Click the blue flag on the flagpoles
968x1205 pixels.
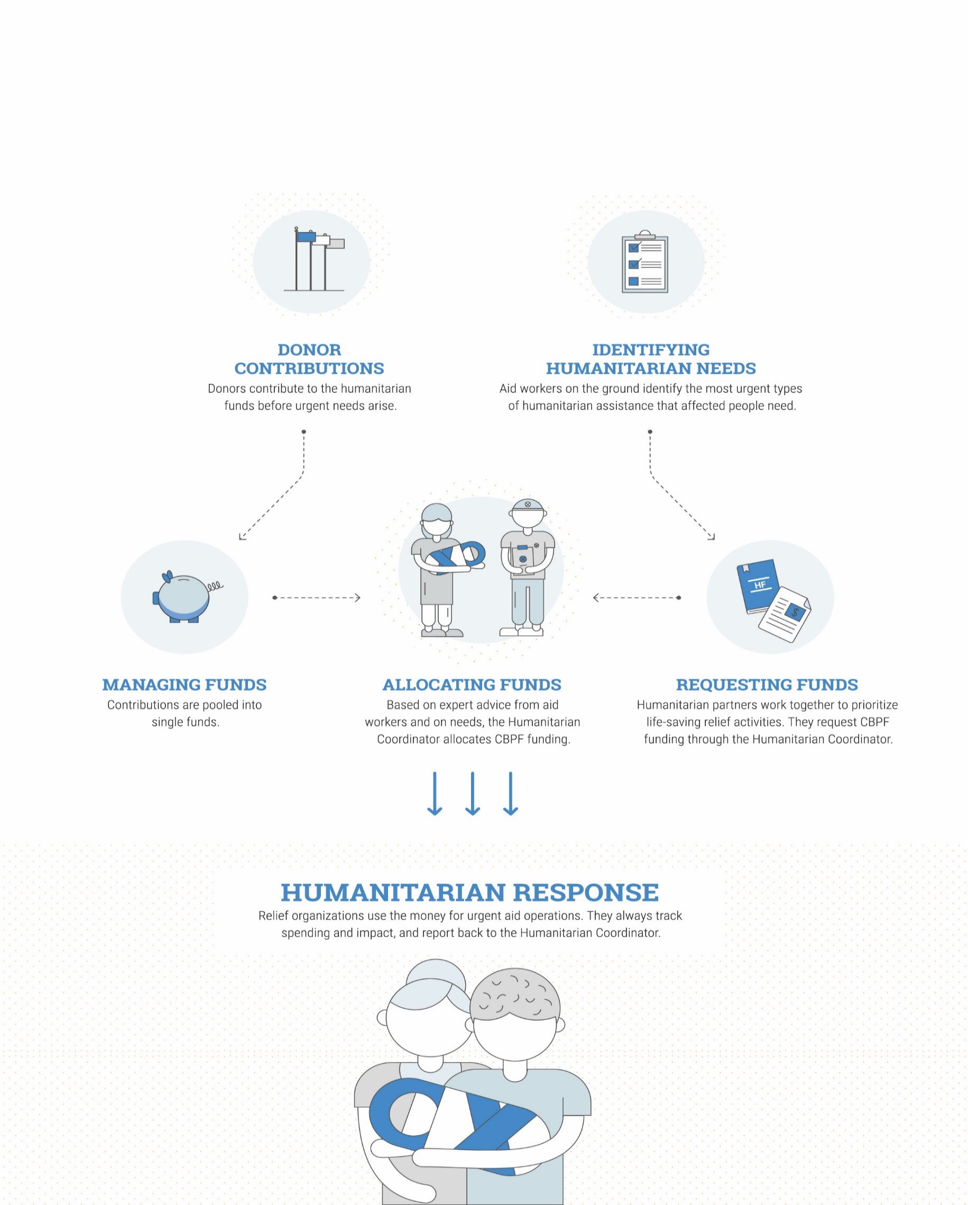(306, 237)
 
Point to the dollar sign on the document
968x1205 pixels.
(795, 612)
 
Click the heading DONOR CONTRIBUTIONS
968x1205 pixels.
(309, 359)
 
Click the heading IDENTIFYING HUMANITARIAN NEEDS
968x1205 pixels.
(651, 359)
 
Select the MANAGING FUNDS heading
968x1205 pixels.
(185, 684)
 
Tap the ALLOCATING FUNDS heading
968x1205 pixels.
(472, 684)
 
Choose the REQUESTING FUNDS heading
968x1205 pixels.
(767, 684)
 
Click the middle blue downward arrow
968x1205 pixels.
(472, 793)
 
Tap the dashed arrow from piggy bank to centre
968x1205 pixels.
(317, 597)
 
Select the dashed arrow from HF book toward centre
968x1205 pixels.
(637, 597)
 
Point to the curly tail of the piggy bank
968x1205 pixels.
(215, 586)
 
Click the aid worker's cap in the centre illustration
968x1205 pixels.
(528, 505)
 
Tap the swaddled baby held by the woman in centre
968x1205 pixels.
(456, 557)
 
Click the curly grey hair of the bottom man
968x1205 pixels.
(514, 1000)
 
